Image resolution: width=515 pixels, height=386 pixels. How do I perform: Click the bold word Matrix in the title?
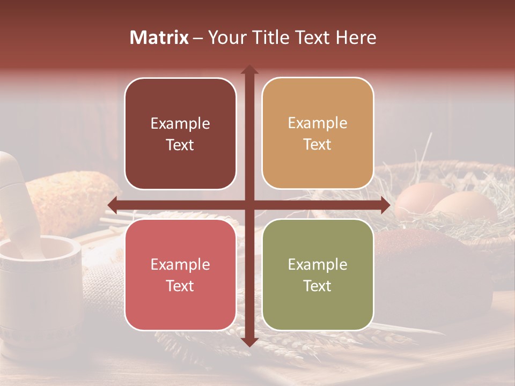click(159, 38)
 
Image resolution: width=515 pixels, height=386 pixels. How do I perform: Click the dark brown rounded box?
click(180, 133)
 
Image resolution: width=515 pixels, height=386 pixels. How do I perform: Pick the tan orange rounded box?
click(318, 133)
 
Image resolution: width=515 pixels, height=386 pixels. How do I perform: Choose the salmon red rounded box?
click(180, 274)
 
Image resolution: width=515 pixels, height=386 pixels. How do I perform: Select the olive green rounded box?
click(318, 274)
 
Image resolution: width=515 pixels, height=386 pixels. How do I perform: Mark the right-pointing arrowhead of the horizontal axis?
click(385, 205)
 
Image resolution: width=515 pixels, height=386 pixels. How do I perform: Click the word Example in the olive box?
click(318, 264)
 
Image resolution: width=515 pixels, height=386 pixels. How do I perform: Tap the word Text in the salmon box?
click(180, 286)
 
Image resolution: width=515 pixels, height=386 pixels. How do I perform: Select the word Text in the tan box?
click(317, 145)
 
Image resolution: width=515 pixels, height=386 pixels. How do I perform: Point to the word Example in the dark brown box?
click(180, 123)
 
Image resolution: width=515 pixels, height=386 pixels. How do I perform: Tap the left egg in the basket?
click(418, 198)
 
